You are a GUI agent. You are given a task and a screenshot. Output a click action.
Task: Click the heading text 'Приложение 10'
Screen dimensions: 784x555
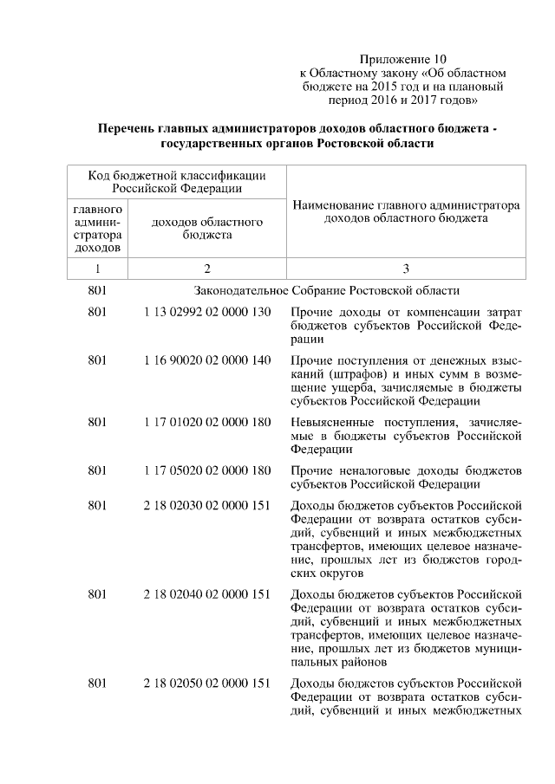(402, 59)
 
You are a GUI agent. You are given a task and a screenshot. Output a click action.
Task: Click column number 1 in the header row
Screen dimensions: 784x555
(97, 269)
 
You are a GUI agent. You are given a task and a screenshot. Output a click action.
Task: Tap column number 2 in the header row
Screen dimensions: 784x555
(207, 269)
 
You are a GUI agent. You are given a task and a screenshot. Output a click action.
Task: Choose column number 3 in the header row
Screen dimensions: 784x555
(406, 269)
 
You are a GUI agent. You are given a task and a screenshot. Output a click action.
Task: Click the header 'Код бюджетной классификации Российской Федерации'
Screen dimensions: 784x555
(177, 181)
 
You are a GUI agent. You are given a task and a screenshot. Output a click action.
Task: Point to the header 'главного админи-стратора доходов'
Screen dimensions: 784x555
(97, 229)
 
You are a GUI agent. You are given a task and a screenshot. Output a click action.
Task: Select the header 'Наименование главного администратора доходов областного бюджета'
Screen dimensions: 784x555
(406, 213)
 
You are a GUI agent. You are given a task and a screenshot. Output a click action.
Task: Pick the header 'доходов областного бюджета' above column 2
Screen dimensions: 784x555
(207, 229)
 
